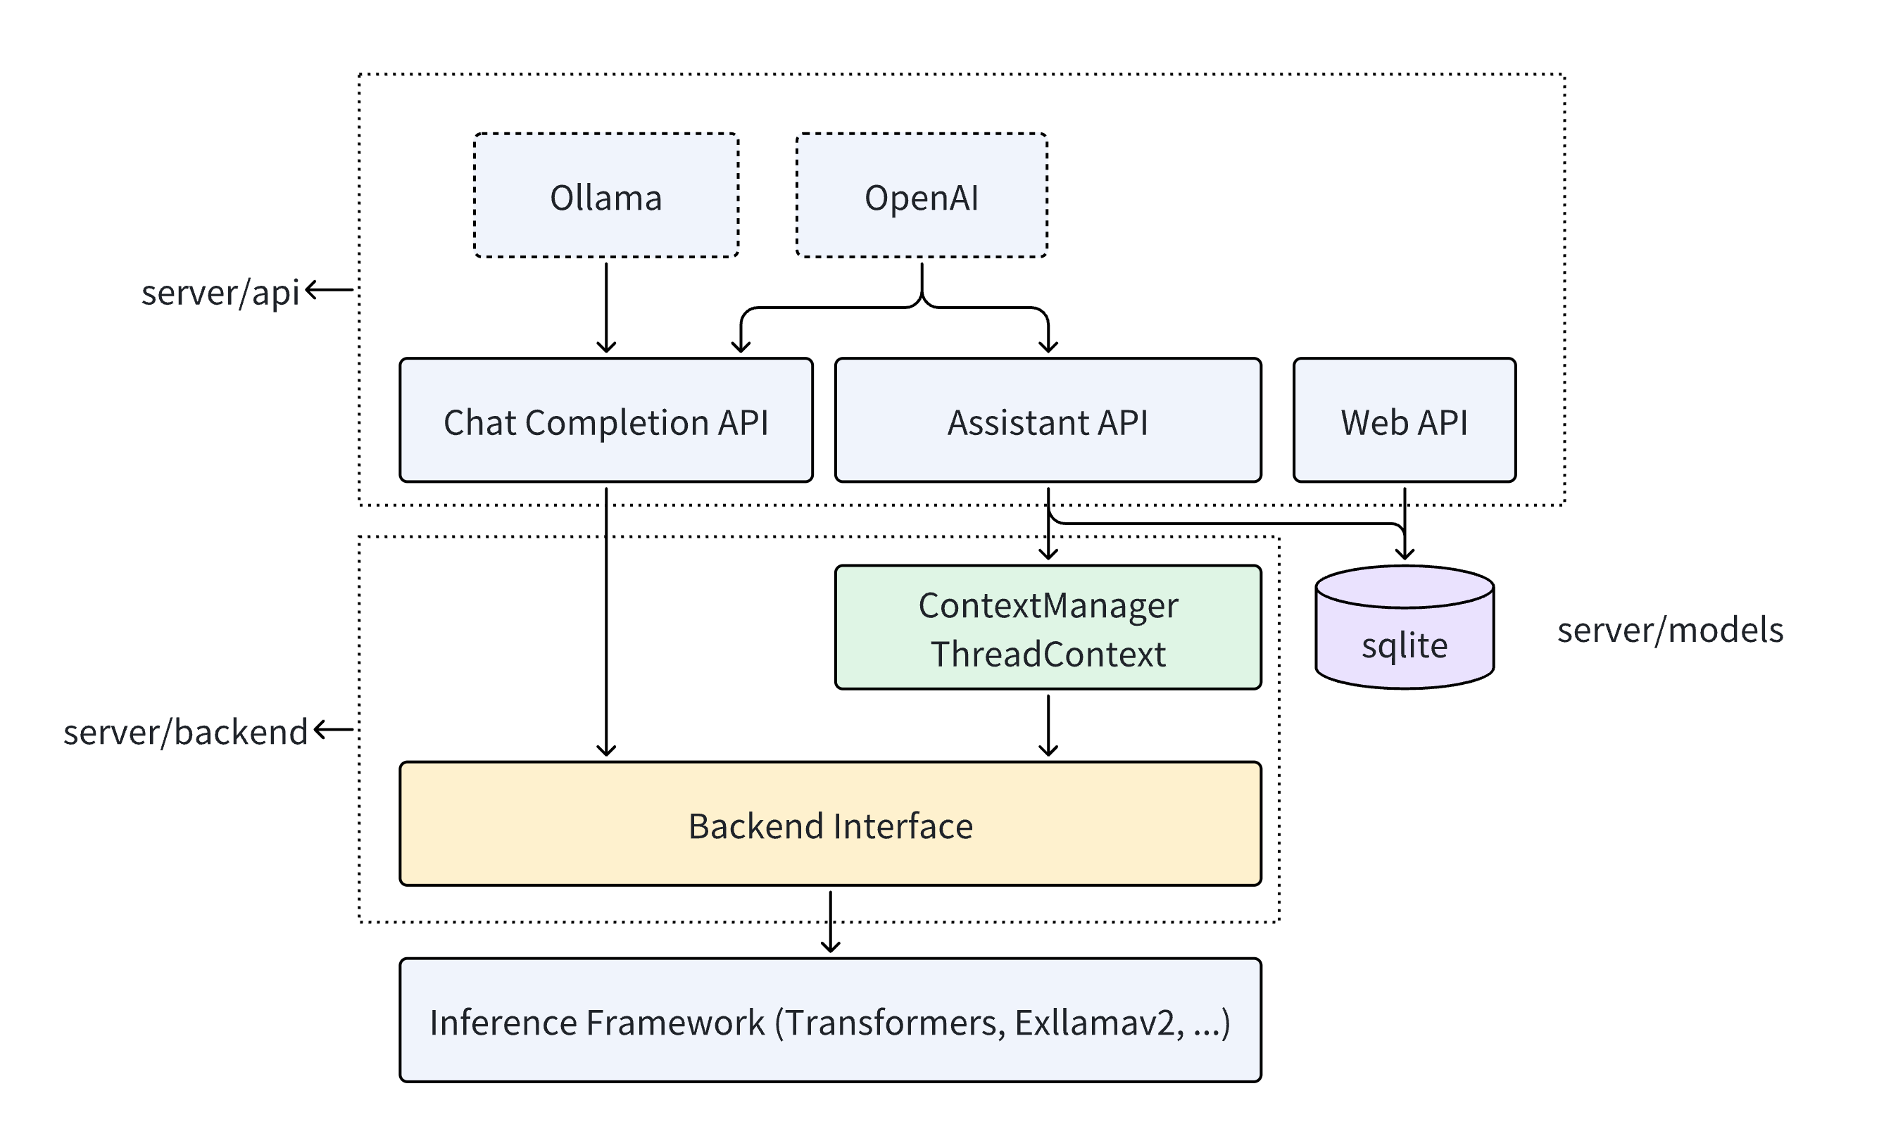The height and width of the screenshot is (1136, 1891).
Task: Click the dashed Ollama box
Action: point(605,196)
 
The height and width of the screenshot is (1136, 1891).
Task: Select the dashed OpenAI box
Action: point(921,196)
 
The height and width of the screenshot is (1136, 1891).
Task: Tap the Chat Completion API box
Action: point(605,420)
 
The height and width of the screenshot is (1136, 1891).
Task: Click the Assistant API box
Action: point(1048,420)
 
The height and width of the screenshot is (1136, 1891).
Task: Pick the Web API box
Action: point(1403,420)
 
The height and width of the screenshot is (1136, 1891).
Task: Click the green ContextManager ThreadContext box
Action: point(1048,628)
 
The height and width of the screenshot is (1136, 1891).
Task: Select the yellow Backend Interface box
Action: point(830,824)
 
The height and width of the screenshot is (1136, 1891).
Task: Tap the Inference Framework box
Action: point(830,1021)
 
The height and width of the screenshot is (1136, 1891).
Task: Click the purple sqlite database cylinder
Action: point(1403,636)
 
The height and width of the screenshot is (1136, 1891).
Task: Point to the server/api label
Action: point(220,292)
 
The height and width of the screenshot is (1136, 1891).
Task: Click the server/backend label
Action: point(185,732)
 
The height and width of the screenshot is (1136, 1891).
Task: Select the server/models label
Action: point(1670,630)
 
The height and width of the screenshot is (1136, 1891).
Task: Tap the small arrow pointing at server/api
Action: point(329,290)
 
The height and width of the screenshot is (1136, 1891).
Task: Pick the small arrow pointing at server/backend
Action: point(334,729)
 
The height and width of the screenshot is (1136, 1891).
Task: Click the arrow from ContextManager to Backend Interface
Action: point(1048,724)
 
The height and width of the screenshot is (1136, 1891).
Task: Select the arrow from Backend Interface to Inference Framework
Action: point(830,921)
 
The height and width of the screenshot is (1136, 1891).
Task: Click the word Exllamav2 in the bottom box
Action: point(1098,1023)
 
